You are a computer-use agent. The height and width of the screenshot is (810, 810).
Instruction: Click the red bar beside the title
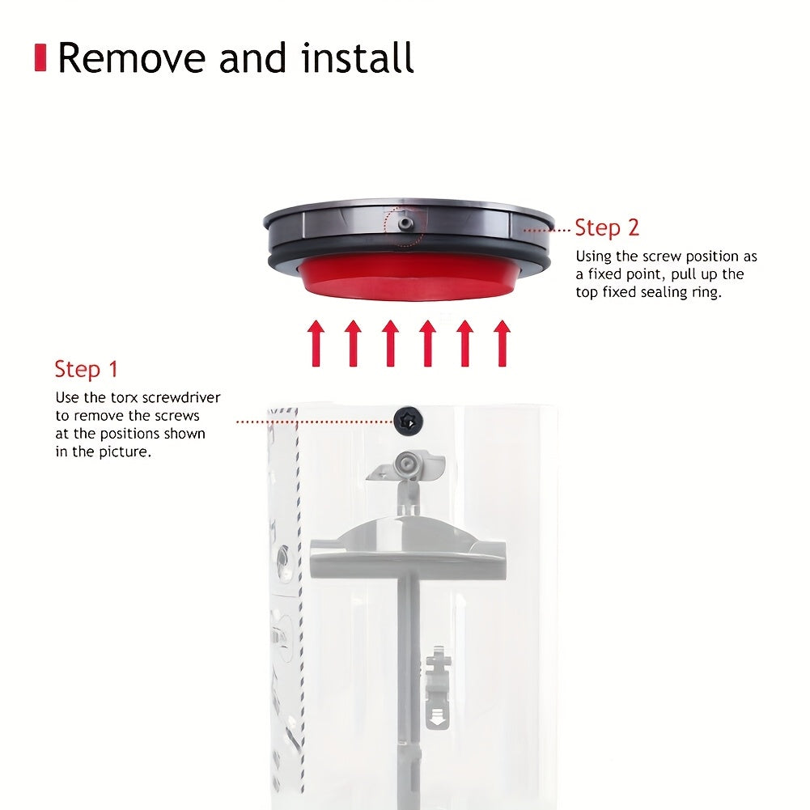40,57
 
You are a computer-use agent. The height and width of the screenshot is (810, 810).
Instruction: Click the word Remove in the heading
132,58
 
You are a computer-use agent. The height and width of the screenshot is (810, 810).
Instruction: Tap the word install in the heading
358,57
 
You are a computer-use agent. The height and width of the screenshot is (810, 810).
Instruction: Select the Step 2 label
607,228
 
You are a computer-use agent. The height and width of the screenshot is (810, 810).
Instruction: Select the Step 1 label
87,369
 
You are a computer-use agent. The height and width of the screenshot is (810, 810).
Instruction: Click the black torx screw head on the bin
409,421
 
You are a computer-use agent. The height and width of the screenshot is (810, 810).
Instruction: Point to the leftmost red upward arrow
316,343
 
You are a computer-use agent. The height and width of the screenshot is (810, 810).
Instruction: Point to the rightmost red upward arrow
502,343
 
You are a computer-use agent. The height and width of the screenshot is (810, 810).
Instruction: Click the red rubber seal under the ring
408,277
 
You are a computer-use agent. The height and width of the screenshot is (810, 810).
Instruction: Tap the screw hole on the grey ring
405,223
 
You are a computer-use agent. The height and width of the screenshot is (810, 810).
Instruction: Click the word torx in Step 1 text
125,398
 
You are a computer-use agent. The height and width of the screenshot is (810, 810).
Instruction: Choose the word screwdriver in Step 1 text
181,398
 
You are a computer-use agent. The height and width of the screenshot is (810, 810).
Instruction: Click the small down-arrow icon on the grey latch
437,717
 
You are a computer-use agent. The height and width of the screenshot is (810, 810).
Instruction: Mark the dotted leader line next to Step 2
546,231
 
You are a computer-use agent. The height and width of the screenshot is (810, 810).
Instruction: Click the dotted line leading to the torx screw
315,422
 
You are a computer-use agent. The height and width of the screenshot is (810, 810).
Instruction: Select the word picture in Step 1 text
124,452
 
